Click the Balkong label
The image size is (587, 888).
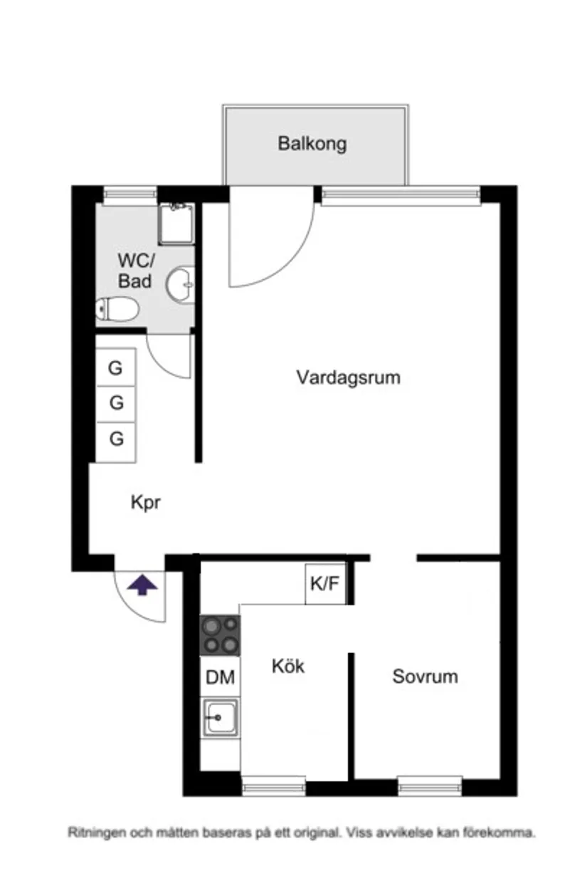(x=312, y=144)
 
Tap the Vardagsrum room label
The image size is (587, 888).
(x=348, y=377)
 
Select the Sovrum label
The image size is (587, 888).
(x=425, y=676)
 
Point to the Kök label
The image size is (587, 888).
(x=288, y=666)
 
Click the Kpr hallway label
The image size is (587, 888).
(x=146, y=502)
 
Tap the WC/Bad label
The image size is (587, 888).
(x=134, y=271)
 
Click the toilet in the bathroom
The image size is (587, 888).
(x=117, y=309)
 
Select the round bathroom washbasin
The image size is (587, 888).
(x=180, y=286)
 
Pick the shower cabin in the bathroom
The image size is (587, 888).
(x=176, y=223)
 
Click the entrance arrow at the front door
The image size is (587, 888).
(x=142, y=585)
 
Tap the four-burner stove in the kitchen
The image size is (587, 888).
(x=220, y=635)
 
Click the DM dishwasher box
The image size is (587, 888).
(x=220, y=677)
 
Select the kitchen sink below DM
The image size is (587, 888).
(x=221, y=717)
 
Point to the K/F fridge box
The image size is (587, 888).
(x=325, y=584)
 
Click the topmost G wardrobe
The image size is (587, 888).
(x=116, y=368)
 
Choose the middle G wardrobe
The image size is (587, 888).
(x=116, y=403)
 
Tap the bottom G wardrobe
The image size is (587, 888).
(x=116, y=439)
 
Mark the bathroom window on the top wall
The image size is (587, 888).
(x=129, y=194)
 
